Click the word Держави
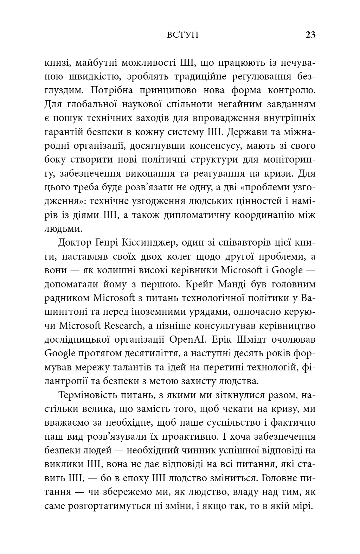pyautogui.click(x=244, y=132)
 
